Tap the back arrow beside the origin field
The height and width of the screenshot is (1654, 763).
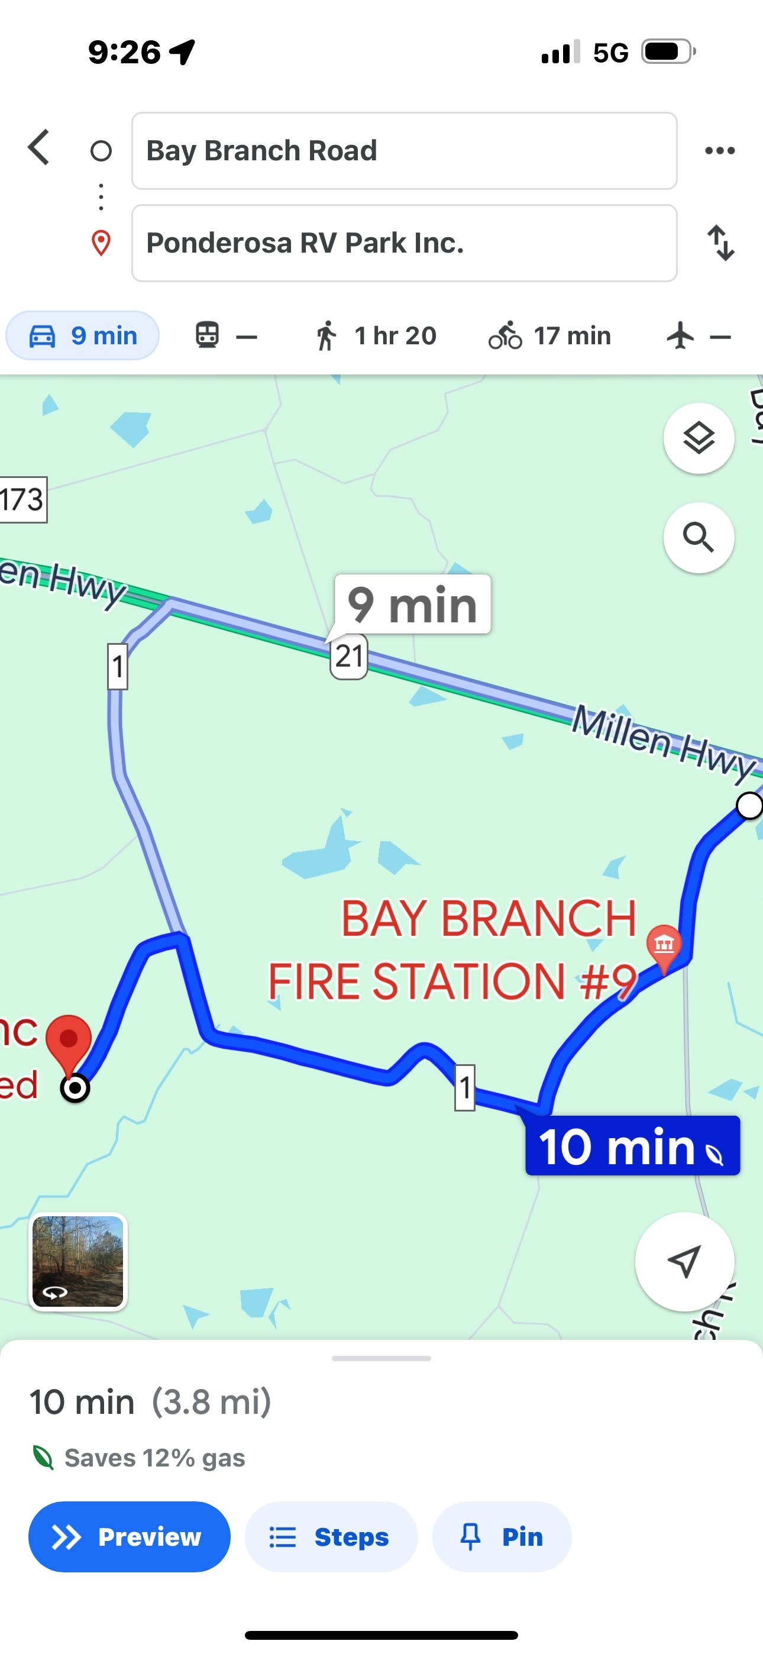click(38, 148)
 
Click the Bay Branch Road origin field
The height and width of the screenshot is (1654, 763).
click(404, 151)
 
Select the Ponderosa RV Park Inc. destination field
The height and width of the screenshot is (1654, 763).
click(404, 243)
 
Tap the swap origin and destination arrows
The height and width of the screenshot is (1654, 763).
click(720, 243)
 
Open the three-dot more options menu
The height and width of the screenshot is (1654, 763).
click(719, 151)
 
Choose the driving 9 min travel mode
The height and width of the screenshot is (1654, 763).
click(83, 336)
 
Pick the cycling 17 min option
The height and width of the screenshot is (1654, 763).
click(549, 336)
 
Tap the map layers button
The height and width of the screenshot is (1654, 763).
click(698, 438)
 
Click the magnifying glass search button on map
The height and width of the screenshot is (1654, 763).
click(698, 537)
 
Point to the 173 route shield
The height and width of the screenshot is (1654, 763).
click(22, 499)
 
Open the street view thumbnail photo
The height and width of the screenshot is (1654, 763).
click(78, 1261)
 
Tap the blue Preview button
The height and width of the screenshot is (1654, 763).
click(129, 1537)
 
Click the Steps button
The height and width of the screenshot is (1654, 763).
click(331, 1537)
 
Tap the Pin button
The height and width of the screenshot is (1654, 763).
click(502, 1537)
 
